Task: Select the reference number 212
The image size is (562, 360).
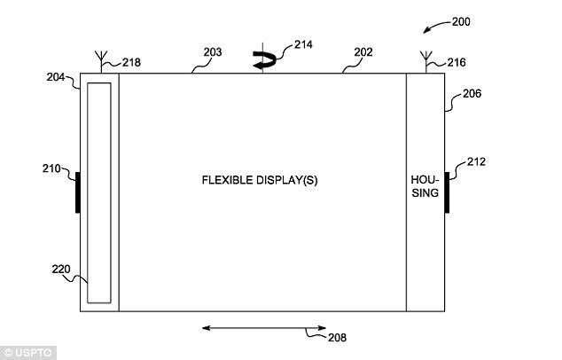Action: (475, 161)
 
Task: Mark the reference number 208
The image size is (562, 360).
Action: (336, 337)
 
